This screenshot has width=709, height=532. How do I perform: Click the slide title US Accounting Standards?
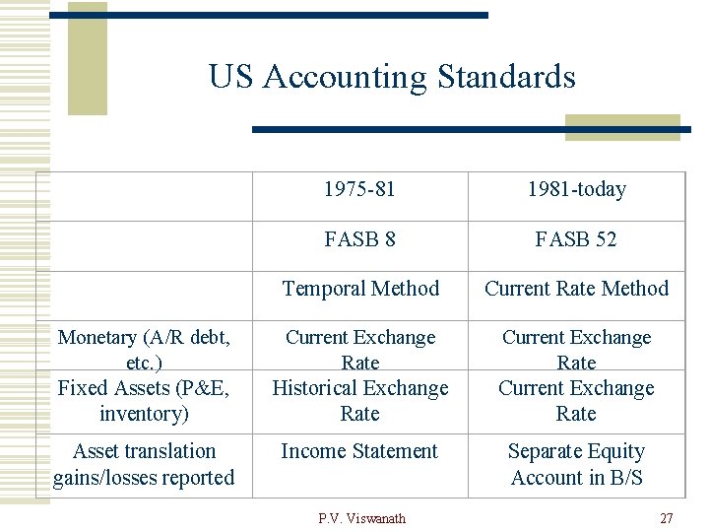coord(392,77)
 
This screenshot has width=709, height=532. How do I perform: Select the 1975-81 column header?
coord(359,189)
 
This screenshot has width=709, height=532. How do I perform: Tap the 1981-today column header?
coord(576,189)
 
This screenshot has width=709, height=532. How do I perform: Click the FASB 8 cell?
coord(359,239)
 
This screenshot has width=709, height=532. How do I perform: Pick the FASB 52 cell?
coord(576,239)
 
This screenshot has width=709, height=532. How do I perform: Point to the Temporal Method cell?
coord(360,289)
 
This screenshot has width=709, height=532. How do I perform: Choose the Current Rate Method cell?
coord(576,289)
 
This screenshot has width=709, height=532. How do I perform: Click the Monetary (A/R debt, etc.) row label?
coord(144,349)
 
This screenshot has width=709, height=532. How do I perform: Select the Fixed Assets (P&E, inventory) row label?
coord(144,400)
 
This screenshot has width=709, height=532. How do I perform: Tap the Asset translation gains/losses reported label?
coord(144,464)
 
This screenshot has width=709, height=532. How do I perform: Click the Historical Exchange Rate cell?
coord(359,400)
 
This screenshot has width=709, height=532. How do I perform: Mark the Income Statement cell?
coord(359,451)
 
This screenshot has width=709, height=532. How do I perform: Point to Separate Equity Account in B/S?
coord(576,464)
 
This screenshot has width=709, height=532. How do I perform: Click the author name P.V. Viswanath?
coord(361,518)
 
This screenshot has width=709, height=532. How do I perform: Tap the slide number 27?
coord(667,518)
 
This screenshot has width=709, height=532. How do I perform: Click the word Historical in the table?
coord(318,388)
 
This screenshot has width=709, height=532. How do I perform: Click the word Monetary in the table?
coord(97,337)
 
